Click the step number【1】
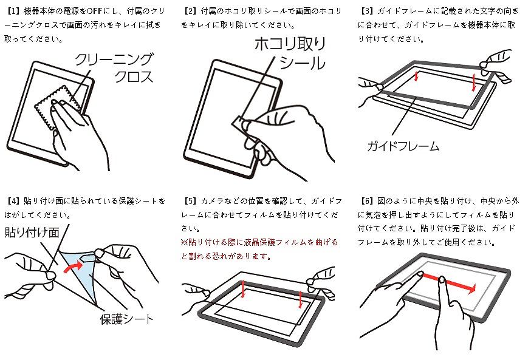[x=13, y=11]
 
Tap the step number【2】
[x=190, y=11]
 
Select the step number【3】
[x=366, y=11]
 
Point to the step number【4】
[x=13, y=201]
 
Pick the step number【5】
[x=190, y=201]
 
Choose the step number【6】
[x=366, y=201]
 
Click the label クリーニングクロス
[x=114, y=68]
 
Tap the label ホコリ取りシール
[x=290, y=53]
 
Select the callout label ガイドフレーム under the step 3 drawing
[x=403, y=146]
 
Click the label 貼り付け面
[x=32, y=233]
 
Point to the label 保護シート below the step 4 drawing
[x=126, y=319]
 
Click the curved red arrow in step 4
[x=73, y=267]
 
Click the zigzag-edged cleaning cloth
[x=58, y=107]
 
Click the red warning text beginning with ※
[x=259, y=249]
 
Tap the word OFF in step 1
[x=95, y=11]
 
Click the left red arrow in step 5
[x=243, y=290]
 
